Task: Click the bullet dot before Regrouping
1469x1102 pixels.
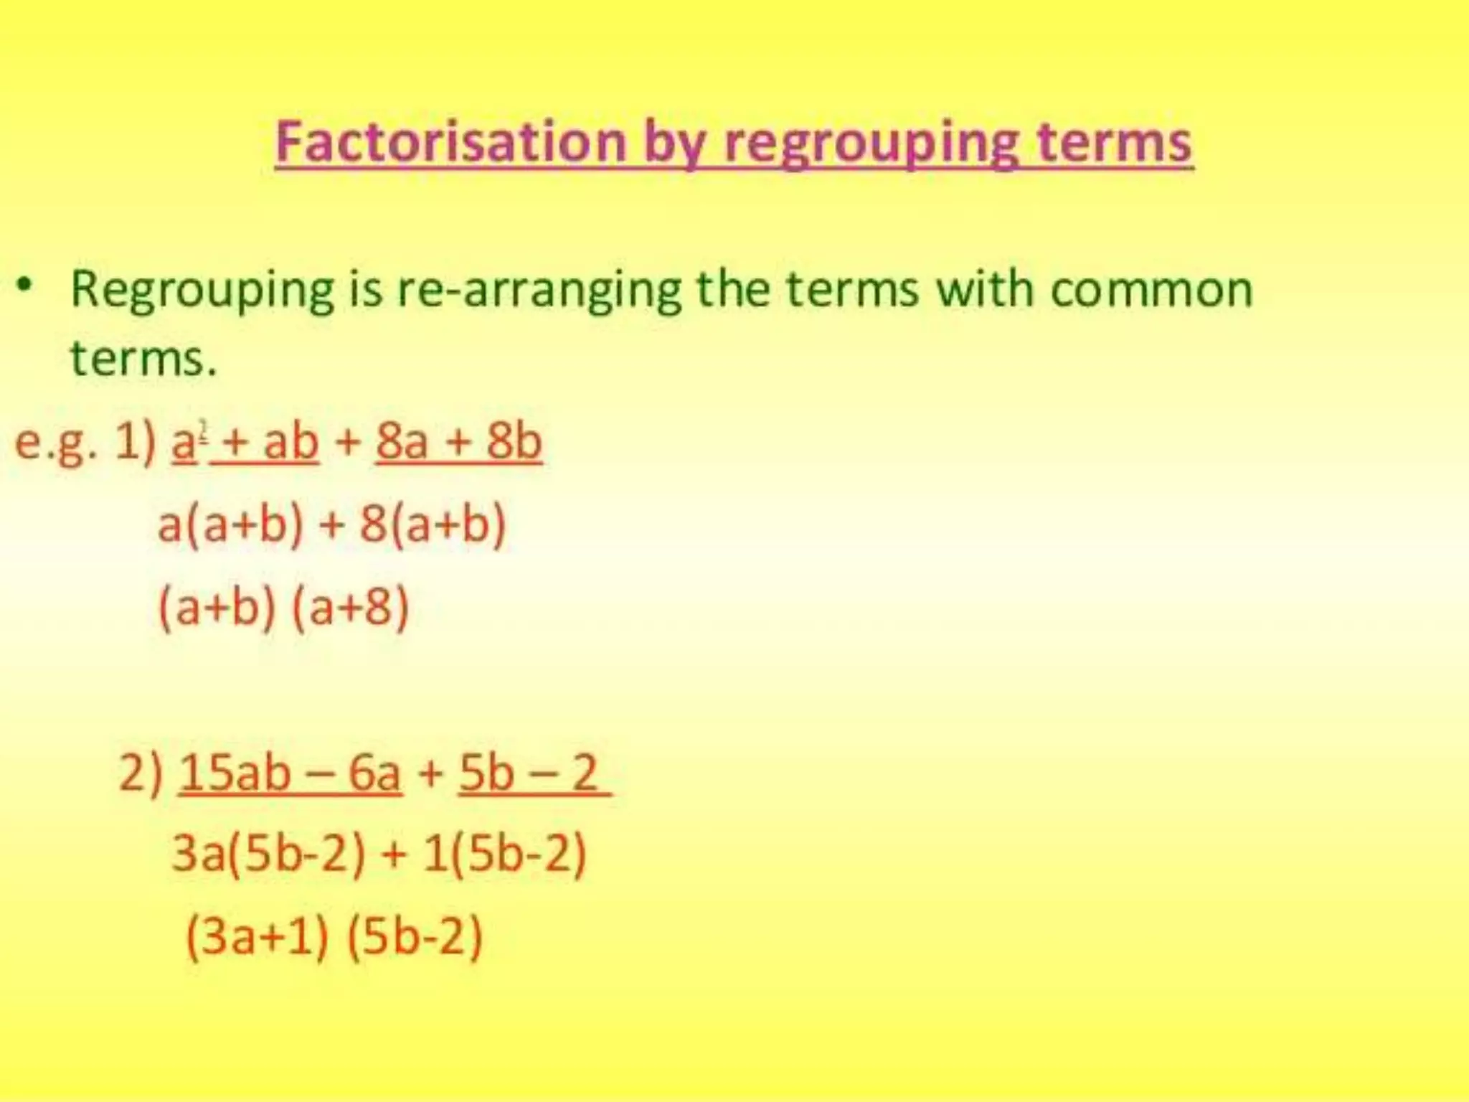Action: click(x=26, y=285)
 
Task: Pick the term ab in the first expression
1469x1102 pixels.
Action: click(x=291, y=441)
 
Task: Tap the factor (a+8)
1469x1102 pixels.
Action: click(x=351, y=608)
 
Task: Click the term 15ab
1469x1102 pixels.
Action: click(x=235, y=773)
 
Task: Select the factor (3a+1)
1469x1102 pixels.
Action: click(x=258, y=936)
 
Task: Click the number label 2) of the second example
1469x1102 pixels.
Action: click(x=141, y=773)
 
